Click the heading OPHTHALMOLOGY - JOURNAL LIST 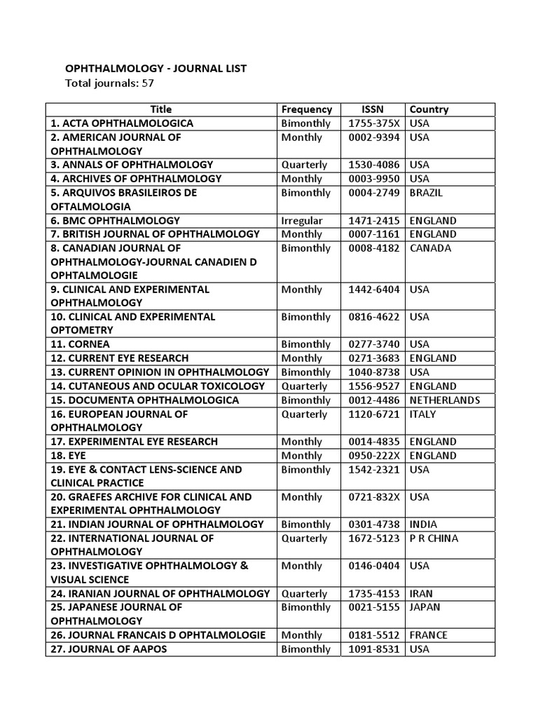tap(156, 69)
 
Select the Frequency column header tap(306, 109)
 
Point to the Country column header tap(429, 109)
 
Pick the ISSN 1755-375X tap(373, 123)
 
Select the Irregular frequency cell tap(302, 220)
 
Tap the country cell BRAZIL tap(427, 193)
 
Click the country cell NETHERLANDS tap(444, 400)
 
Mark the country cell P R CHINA tap(434, 538)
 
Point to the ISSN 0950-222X tap(373, 456)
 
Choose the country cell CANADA tap(430, 248)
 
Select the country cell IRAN tap(422, 594)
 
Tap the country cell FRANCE tap(428, 635)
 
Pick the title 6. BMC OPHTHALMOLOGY tap(115, 220)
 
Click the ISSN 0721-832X tap(373, 497)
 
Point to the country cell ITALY tap(422, 414)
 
